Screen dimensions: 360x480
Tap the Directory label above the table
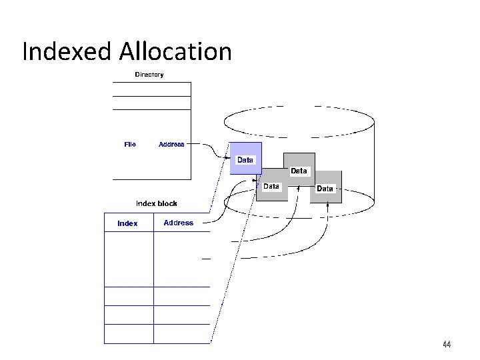click(x=149, y=75)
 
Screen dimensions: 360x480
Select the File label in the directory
click(x=130, y=144)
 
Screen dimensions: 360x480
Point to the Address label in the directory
click(x=171, y=144)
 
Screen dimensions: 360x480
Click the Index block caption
click(x=157, y=203)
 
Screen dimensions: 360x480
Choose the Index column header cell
click(x=127, y=223)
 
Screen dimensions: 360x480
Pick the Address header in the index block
click(x=179, y=223)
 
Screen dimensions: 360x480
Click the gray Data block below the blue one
click(x=272, y=189)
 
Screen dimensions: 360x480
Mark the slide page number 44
click(x=447, y=345)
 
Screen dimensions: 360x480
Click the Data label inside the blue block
click(x=245, y=160)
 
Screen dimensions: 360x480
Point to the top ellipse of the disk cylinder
click(x=299, y=121)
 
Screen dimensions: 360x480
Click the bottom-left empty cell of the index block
click(x=129, y=334)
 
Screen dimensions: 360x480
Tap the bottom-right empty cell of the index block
click(x=181, y=334)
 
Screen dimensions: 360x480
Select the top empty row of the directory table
click(x=151, y=89)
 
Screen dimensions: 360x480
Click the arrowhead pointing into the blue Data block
click(x=227, y=157)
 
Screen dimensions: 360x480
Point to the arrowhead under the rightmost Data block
click(x=327, y=205)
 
